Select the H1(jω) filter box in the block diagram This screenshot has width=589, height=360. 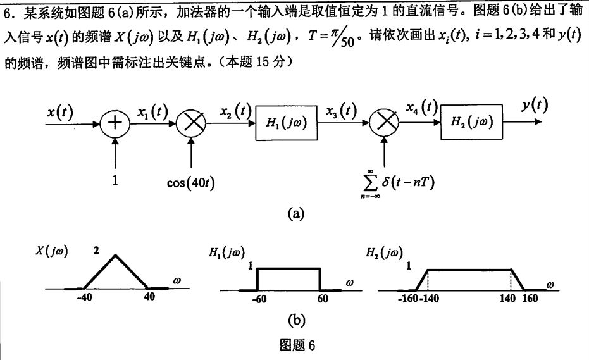286,123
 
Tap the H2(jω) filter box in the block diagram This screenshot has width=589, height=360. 472,121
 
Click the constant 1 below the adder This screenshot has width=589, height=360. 115,181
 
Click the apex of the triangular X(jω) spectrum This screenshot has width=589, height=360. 115,256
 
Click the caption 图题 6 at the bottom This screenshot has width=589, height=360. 297,345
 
